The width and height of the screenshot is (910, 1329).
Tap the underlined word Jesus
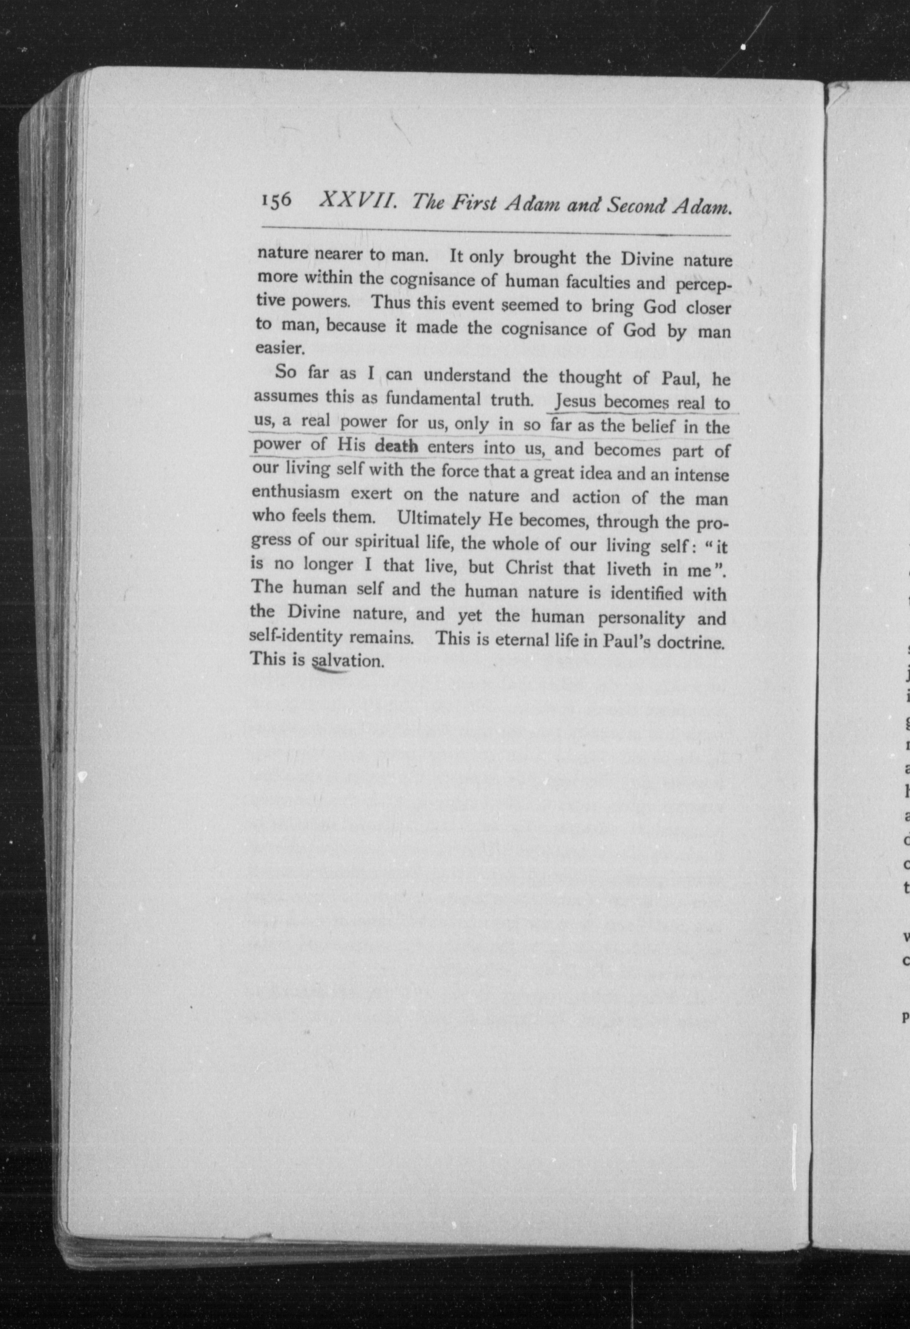tap(576, 402)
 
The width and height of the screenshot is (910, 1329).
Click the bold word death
tap(396, 446)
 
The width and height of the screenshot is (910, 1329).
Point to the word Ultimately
tap(438, 519)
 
